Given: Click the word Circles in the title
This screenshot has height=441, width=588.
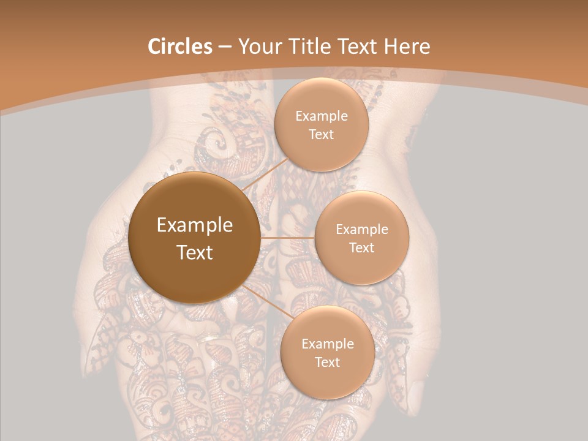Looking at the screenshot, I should (x=180, y=47).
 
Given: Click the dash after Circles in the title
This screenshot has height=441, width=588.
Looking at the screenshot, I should (x=225, y=47).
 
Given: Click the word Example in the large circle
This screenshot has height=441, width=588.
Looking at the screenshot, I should (x=195, y=225).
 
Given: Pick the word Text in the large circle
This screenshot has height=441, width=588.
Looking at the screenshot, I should (x=195, y=252).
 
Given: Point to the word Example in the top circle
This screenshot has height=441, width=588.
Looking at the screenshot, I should (x=322, y=116).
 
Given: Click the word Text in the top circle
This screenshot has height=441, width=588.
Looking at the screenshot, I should (x=322, y=134).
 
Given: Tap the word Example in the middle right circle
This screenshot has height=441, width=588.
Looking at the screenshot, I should (x=362, y=230).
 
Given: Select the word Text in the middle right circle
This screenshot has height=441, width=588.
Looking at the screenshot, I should (x=362, y=247).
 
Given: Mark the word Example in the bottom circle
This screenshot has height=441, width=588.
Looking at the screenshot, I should (x=327, y=344).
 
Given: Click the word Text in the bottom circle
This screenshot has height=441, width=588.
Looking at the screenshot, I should (x=327, y=362).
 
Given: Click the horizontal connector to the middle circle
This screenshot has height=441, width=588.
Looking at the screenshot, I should (x=287, y=238).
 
